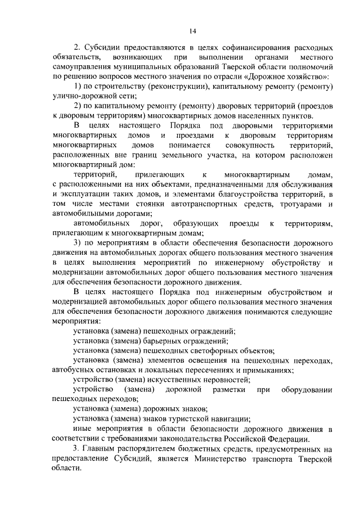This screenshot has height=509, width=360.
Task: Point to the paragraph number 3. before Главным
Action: pos(77,448)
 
